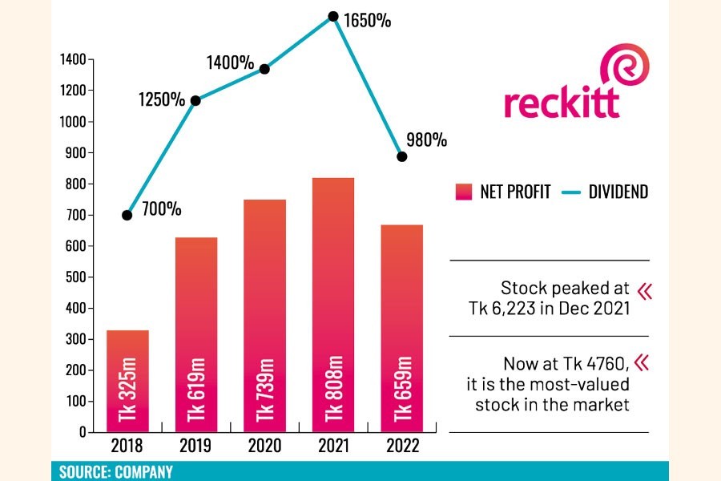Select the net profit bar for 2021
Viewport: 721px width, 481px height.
332,305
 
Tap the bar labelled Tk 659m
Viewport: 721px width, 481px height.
401,329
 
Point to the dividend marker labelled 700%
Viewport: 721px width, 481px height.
127,215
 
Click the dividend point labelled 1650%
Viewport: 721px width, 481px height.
332,15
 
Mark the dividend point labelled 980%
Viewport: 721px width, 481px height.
401,156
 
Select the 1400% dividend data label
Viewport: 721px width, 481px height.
231,62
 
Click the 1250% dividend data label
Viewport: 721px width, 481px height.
161,100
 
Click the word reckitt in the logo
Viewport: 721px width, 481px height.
562,102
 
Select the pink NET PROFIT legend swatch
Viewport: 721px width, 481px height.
464,192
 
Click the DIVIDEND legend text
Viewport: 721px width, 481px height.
618,192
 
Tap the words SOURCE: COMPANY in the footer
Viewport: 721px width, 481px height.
115,471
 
